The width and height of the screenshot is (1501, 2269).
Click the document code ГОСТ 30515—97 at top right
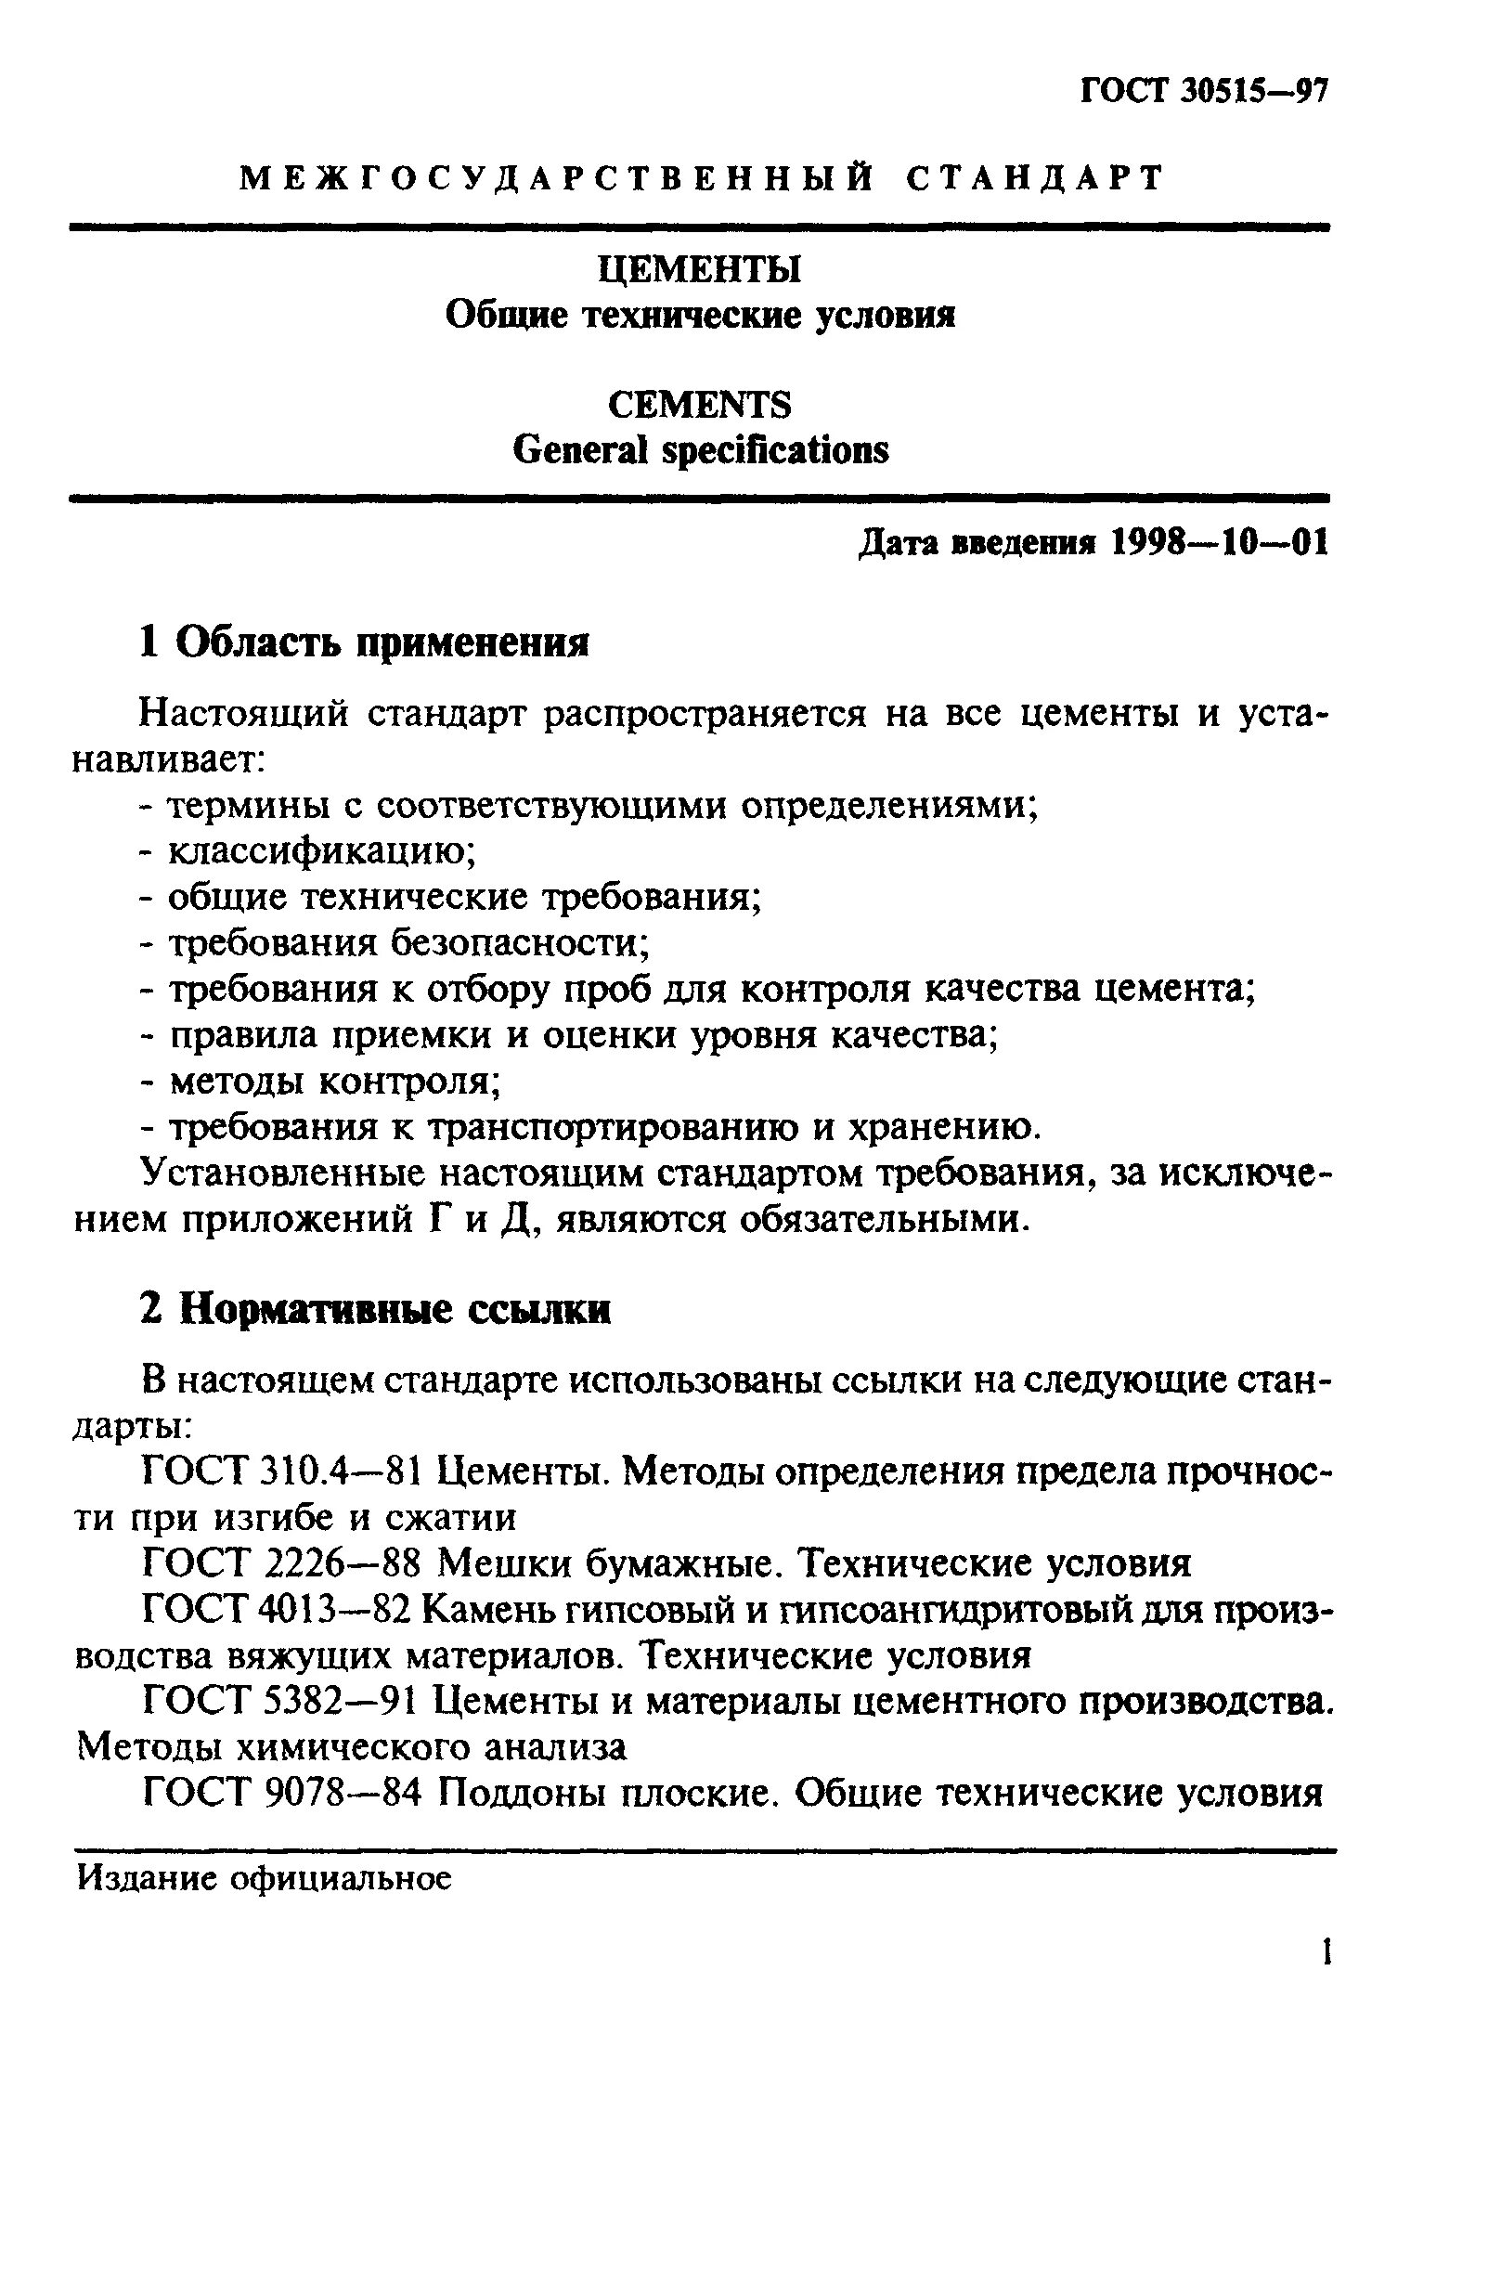click(1205, 91)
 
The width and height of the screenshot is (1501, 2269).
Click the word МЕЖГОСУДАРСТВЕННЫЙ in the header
click(555, 178)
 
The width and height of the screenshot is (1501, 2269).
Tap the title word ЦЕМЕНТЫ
click(700, 270)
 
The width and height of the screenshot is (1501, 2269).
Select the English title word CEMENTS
click(700, 405)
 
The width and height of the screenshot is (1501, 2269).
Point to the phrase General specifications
click(700, 450)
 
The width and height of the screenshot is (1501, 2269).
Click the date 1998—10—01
click(1220, 543)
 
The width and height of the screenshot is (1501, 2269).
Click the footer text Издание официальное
click(264, 1879)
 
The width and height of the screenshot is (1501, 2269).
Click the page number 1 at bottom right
click(1326, 1953)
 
